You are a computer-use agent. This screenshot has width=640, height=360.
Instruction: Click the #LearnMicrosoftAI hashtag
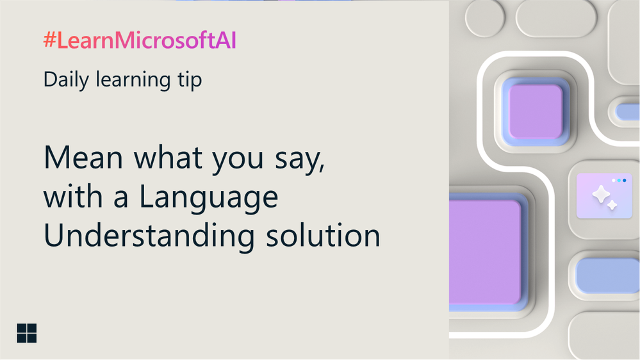(140, 40)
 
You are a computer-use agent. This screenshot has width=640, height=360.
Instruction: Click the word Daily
(66, 79)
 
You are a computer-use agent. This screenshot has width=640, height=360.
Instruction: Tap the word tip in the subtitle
(190, 79)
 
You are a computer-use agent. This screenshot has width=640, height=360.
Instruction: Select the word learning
(133, 79)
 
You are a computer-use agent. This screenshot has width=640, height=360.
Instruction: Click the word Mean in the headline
(83, 158)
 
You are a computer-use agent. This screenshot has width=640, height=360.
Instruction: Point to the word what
(168, 158)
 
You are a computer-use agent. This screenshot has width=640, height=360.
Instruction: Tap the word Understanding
(149, 235)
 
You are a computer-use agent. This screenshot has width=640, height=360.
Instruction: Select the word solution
(324, 235)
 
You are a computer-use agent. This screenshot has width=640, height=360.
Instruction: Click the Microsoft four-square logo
(26, 333)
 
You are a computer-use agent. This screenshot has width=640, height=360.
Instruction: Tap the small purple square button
(536, 111)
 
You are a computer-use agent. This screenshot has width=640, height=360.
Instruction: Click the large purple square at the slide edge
(485, 252)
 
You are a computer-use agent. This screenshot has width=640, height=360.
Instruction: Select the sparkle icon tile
(604, 195)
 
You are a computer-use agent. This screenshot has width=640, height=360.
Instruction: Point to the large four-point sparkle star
(601, 194)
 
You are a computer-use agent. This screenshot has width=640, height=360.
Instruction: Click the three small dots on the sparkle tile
(619, 180)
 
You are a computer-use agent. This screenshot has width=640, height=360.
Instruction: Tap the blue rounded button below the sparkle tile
(608, 275)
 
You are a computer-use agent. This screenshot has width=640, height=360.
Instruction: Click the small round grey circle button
(485, 17)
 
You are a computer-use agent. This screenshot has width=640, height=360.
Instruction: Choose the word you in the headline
(238, 160)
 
